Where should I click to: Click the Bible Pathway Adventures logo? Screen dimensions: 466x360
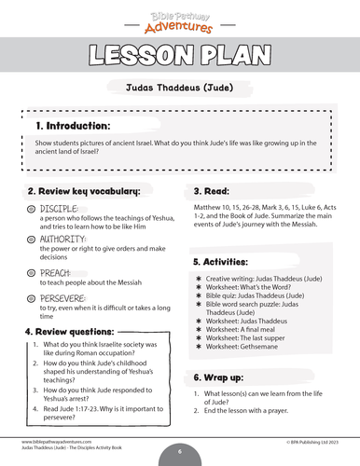pyautogui.click(x=180, y=19)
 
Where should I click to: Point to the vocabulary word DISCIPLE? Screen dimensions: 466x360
pyautogui.click(x=59, y=208)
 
